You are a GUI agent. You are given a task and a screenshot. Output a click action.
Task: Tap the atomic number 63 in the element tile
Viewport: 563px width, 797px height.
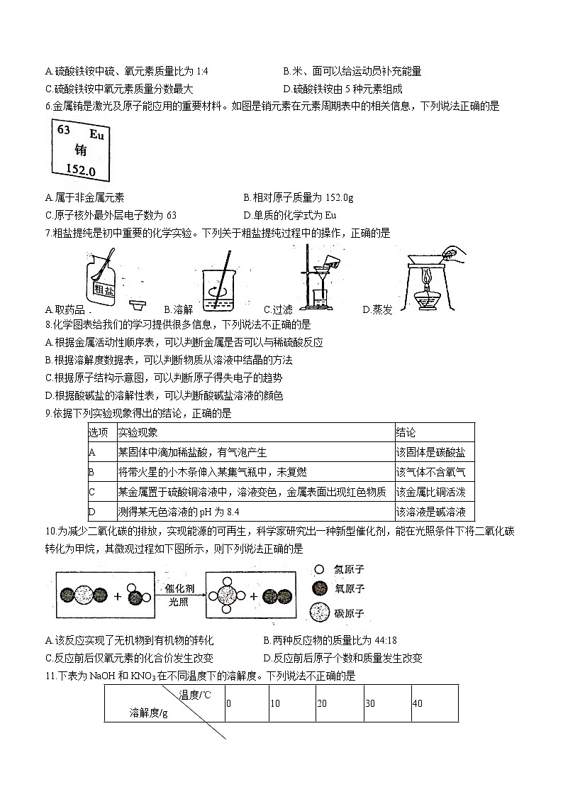point(63,130)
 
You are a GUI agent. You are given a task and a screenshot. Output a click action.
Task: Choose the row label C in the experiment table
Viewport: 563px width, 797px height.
point(91,492)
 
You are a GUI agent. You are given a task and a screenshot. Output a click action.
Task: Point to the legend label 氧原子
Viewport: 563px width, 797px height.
point(349,589)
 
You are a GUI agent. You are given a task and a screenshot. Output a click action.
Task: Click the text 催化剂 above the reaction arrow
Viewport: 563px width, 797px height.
point(181,588)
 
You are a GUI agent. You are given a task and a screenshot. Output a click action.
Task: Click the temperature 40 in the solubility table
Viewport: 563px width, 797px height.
point(417,703)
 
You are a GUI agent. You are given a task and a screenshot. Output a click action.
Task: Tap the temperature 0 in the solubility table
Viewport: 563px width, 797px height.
point(228,703)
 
